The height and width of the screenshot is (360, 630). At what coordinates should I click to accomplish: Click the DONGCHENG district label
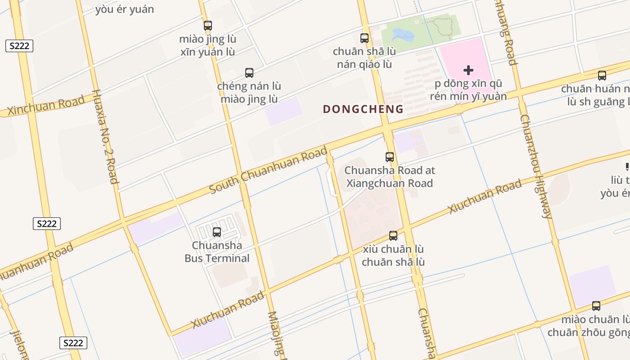[363, 109]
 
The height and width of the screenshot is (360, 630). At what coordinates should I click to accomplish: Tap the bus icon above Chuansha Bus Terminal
[217, 232]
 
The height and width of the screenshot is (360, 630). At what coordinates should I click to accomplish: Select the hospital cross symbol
[468, 70]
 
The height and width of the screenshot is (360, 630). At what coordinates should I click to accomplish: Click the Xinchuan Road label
[46, 105]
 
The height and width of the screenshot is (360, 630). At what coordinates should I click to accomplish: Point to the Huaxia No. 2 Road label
[105, 137]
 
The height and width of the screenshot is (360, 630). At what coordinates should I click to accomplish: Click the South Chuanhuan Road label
[269, 171]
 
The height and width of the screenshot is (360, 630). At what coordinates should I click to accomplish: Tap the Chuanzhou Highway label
[535, 166]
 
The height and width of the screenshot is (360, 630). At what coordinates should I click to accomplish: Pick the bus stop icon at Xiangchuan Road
[390, 157]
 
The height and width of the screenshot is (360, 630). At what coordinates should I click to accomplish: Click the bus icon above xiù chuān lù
[393, 236]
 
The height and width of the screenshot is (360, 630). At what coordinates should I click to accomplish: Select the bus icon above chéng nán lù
[249, 72]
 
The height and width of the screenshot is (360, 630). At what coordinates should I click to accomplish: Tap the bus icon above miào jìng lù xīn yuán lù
[207, 26]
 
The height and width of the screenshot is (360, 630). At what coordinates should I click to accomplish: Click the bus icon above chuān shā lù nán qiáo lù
[364, 38]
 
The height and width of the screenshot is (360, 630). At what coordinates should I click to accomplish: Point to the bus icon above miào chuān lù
[596, 306]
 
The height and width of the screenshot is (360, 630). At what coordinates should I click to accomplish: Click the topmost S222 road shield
[19, 45]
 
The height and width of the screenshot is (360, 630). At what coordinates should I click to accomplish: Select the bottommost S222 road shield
[73, 343]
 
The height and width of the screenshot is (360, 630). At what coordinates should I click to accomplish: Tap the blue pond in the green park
[401, 34]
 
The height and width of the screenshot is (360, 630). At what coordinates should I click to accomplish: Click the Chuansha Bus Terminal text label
[217, 252]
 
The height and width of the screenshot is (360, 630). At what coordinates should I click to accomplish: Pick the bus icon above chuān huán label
[602, 76]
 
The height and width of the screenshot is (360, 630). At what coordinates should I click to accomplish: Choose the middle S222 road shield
[47, 224]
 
